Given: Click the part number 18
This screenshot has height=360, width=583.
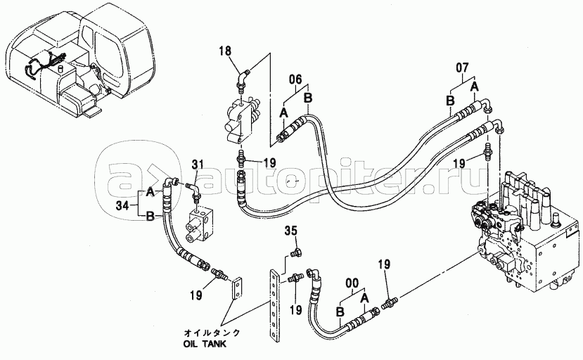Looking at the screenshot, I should click(224, 50).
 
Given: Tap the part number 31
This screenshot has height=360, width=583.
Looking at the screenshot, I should click(198, 165).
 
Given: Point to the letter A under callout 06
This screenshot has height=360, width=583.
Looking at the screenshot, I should click(283, 112).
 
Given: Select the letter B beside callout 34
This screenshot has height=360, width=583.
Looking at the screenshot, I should click(149, 217).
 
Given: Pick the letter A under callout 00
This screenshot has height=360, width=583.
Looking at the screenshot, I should click(365, 297).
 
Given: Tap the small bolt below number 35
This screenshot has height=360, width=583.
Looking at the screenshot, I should click(295, 254).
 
